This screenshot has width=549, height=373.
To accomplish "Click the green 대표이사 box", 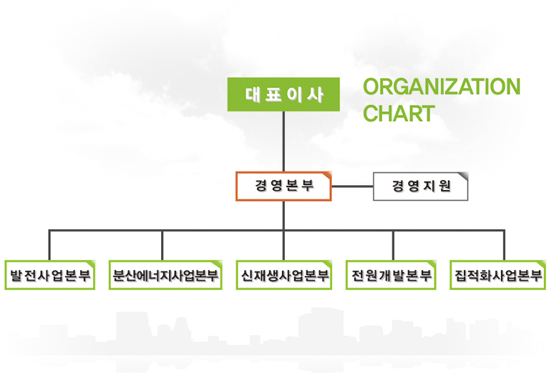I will tap(283, 94).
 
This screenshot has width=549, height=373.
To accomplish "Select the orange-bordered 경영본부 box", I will tap(283, 186).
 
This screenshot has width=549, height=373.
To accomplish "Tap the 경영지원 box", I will tap(421, 186).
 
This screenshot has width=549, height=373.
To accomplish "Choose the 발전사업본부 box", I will tap(49, 275).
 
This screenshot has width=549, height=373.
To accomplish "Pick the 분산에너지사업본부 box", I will tap(165, 275).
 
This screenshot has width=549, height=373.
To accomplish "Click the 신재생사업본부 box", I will tap(284, 275).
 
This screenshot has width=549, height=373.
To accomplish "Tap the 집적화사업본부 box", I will tap(498, 275).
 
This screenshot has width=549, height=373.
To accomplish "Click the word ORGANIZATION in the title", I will tap(442, 86).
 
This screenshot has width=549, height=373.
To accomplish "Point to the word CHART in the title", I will tap(398, 114).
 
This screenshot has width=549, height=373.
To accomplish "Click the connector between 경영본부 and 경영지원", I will tap(352, 186).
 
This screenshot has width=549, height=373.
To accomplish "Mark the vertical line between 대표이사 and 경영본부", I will tap(283, 141).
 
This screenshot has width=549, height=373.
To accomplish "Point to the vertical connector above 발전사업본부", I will tap(49, 245).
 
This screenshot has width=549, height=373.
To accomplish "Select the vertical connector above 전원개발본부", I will tap(393, 245).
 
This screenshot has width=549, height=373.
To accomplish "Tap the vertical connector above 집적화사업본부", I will tap(504, 245).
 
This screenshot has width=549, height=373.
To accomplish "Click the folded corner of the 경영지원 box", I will tap(463, 176).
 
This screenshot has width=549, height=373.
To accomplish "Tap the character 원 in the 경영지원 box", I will tap(444, 186).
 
